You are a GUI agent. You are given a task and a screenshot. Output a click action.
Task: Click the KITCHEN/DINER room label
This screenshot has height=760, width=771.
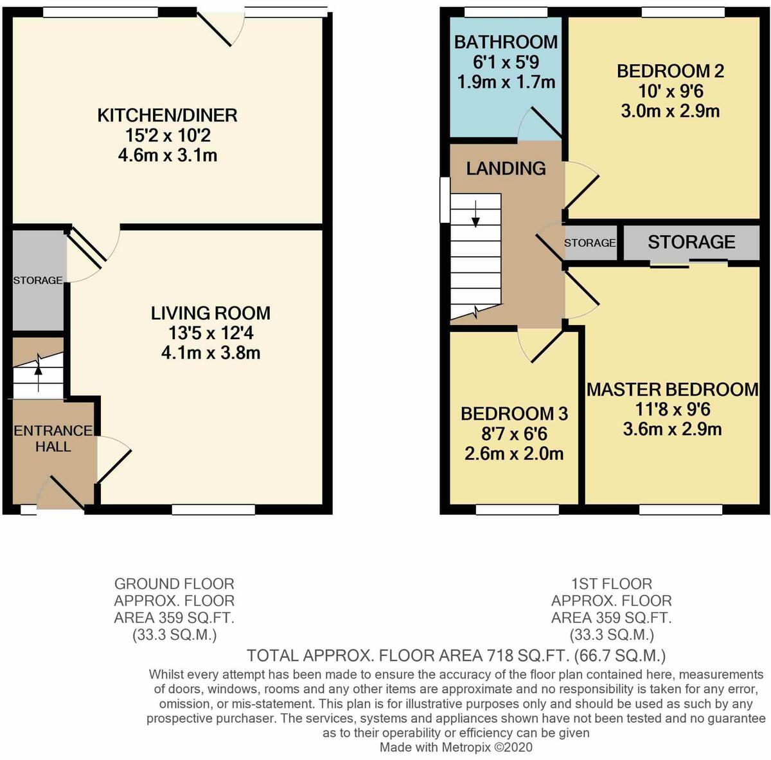(167, 116)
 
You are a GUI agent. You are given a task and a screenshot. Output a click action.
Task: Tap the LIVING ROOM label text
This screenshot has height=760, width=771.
(210, 313)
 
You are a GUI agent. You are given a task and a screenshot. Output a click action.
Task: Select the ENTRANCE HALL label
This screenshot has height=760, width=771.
(53, 438)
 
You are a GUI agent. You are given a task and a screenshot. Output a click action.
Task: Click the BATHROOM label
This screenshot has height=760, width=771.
(506, 42)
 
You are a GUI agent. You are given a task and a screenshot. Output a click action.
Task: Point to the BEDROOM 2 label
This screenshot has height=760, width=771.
(670, 71)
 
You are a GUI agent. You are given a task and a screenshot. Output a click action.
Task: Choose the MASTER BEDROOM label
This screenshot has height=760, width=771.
(672, 389)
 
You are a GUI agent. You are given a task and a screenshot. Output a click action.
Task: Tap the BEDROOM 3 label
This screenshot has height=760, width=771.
(514, 414)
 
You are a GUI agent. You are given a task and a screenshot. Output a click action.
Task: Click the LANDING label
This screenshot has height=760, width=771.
(506, 168)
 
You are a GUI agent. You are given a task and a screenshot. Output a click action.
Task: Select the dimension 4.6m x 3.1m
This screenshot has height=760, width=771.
(167, 155)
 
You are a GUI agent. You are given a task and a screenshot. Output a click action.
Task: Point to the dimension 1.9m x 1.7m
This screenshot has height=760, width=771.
(506, 82)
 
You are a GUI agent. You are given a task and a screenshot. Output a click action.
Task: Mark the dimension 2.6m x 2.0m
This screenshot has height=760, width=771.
(514, 454)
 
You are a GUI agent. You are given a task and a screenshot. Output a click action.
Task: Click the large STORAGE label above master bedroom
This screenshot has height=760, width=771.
(691, 242)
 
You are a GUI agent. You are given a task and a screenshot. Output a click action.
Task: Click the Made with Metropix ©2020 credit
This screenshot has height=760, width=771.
(456, 747)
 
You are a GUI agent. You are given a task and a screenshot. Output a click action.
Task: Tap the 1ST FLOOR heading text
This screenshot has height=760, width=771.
(611, 583)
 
